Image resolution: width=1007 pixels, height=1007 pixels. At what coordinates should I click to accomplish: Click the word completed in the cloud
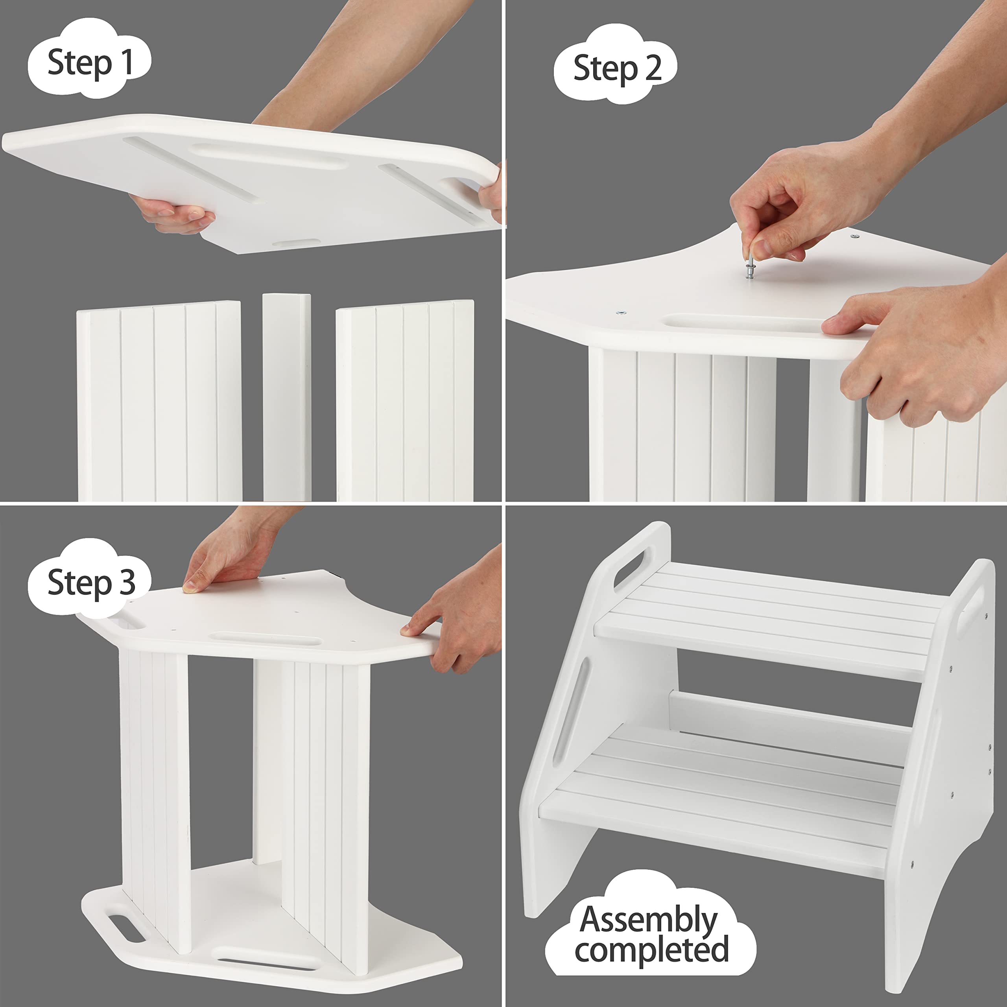pyautogui.click(x=651, y=950)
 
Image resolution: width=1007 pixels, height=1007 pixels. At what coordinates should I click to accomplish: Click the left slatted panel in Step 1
pyautogui.click(x=159, y=401)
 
